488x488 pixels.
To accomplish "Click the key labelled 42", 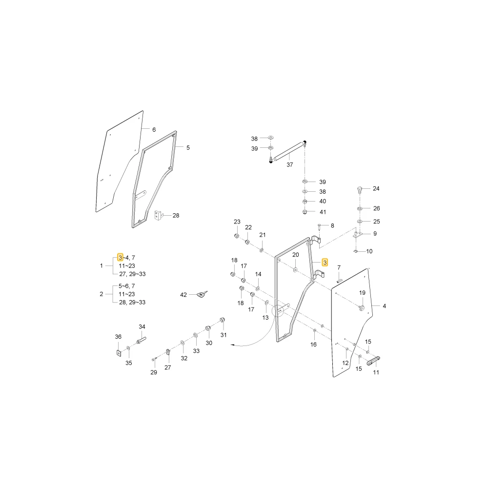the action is pos(202,294).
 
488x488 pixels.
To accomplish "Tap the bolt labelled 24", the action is pos(360,189).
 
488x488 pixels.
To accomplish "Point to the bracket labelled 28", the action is pos(158,215).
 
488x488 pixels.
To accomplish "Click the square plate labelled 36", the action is pos(118,353).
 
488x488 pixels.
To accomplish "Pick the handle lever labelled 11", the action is pos(373,361).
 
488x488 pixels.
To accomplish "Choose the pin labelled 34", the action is pos(141,340).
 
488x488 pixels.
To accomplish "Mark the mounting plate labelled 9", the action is pos(358,234).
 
